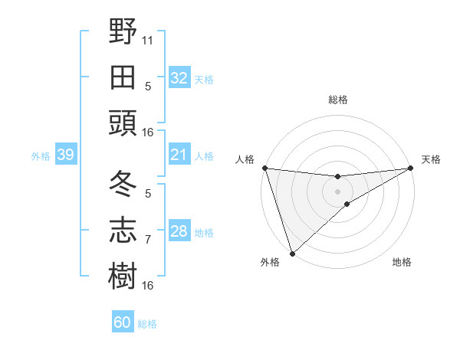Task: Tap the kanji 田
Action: pos(123,77)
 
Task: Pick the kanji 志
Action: pos(123,231)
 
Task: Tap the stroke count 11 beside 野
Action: pos(148,40)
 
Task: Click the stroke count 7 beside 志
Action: pos(148,240)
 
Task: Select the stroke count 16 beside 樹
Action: pos(148,286)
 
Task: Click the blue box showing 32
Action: pos(179,77)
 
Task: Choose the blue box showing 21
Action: pos(179,155)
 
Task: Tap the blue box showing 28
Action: pos(179,231)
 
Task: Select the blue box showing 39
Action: pos(65,155)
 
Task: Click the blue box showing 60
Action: pos(123,322)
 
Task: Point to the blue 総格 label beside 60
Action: pos(147,324)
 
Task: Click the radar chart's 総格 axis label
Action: pos(337,100)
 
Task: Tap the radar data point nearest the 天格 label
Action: pos(411,168)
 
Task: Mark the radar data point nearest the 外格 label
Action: pos(292,253)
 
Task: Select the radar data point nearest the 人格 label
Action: pos(264,168)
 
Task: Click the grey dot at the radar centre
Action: pos(337,191)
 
